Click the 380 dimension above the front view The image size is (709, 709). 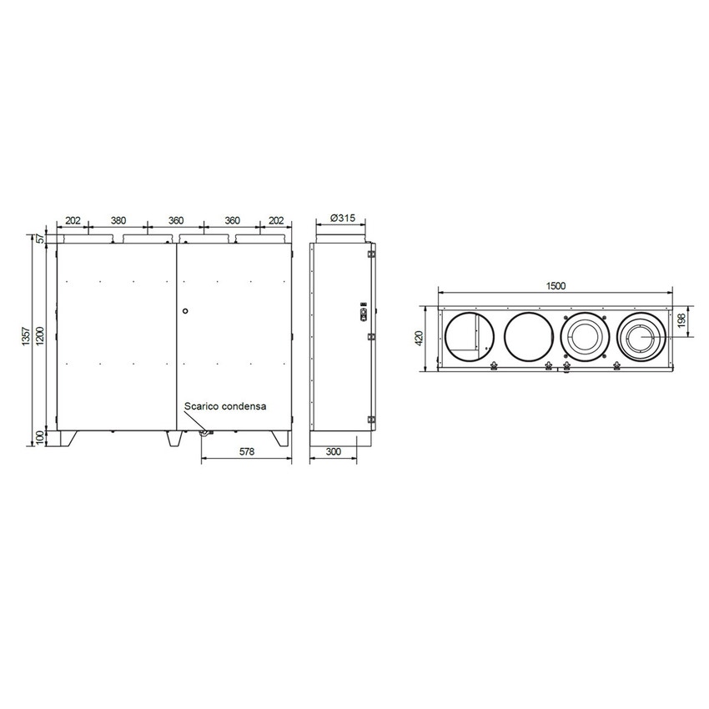point(118,220)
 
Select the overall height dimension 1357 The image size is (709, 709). point(27,337)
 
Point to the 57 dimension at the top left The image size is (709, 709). point(39,239)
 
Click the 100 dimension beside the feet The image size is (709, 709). point(39,438)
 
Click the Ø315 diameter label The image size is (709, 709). point(343,218)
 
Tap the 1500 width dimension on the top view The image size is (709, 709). point(556,285)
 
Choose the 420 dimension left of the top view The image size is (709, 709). point(420,338)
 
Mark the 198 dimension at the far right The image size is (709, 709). point(681,321)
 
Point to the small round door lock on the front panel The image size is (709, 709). point(184,310)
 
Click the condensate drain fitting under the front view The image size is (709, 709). point(203,432)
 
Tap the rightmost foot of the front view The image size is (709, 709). point(279,438)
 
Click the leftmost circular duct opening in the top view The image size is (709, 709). point(469,338)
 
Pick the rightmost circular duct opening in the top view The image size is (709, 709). point(641,338)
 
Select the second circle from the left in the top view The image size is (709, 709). point(528,338)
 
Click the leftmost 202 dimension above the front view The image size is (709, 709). point(73,220)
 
